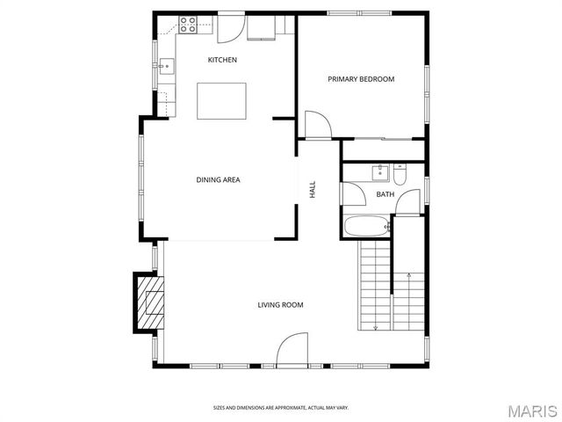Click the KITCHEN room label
[221, 60]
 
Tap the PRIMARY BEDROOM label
[361, 79]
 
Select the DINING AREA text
[218, 180]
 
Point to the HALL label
[312, 189]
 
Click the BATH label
[385, 194]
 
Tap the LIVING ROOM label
[280, 305]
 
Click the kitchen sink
[165, 64]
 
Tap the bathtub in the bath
[364, 226]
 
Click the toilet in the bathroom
[400, 172]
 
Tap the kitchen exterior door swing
[230, 29]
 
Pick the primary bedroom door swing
[318, 125]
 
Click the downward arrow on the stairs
[376, 327]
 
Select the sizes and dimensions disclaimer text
[280, 407]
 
